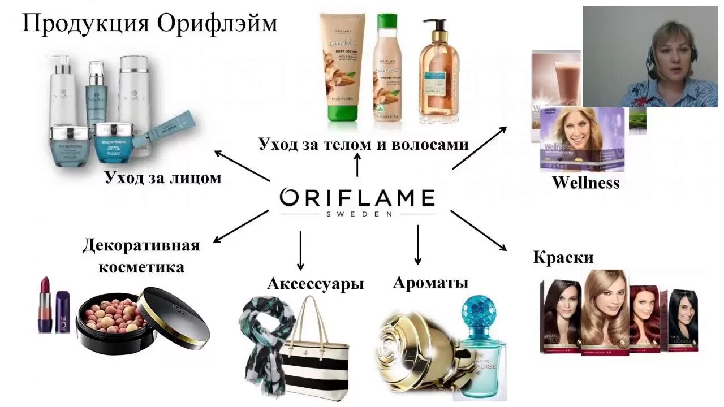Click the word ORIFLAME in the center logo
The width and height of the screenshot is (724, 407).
click(x=357, y=198)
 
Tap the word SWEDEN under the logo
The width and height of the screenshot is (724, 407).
click(x=357, y=214)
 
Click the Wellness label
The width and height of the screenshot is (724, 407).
click(x=585, y=183)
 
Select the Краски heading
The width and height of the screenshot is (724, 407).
click(x=563, y=258)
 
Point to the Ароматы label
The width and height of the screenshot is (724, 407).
click(x=430, y=282)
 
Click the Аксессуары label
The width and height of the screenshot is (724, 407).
click(x=315, y=283)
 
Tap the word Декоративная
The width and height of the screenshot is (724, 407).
click(x=141, y=246)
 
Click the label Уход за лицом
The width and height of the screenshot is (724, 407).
click(x=163, y=178)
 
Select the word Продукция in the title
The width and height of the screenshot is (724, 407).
click(x=85, y=23)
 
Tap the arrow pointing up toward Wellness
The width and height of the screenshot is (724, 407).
click(x=480, y=148)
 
